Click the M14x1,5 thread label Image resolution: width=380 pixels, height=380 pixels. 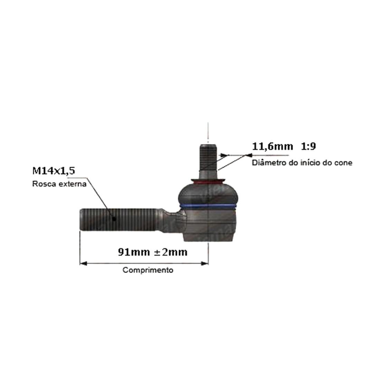(54, 171)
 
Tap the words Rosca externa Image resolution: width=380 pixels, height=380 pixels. (59, 184)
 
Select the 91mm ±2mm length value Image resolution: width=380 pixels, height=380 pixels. (153, 252)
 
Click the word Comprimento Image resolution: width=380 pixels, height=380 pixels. (148, 270)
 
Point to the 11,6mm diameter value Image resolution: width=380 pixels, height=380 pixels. (273, 146)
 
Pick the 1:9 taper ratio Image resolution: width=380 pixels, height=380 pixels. (308, 146)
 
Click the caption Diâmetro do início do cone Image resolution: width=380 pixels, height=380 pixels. (302, 163)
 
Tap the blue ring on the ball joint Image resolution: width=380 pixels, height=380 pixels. (208, 206)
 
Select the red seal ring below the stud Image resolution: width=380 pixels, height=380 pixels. (208, 181)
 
